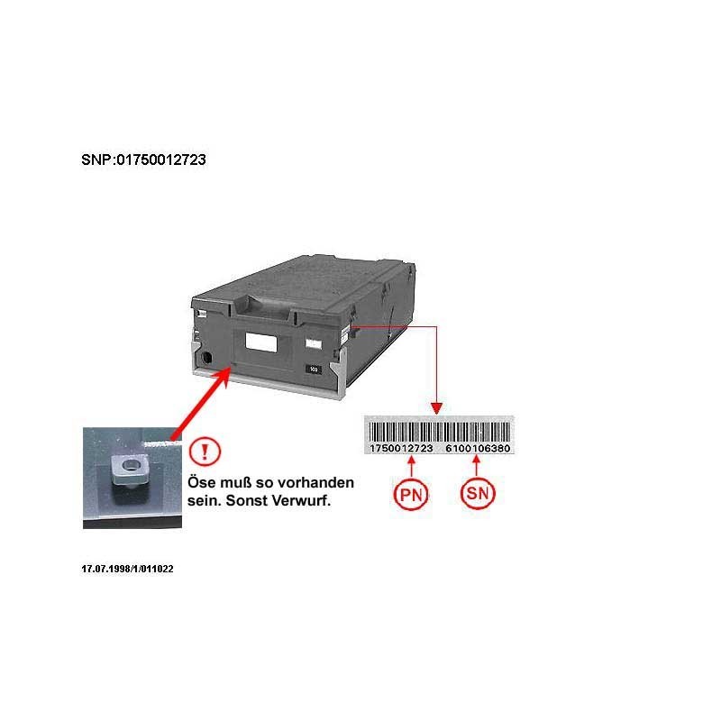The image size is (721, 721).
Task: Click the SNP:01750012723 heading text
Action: point(143,160)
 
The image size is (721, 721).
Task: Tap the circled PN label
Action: point(411,494)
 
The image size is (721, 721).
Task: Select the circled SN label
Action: point(478,493)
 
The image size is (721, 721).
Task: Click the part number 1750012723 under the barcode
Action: point(401,448)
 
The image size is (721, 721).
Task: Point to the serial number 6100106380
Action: point(478,448)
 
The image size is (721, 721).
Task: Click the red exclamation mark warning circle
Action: point(205,452)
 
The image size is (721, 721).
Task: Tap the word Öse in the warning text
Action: point(201,482)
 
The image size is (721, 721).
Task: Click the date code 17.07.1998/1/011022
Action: point(127,569)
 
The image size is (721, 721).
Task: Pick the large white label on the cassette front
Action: point(261,342)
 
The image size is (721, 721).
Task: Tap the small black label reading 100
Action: point(314,370)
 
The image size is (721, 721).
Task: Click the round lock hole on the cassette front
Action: point(207,358)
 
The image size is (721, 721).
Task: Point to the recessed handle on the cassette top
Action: point(263,306)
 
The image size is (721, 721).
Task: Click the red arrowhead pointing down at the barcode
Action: point(436,408)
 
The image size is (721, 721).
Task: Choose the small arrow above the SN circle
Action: point(477,465)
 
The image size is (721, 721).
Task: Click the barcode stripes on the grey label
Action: point(439,432)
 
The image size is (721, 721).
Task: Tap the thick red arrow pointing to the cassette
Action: point(201,402)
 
